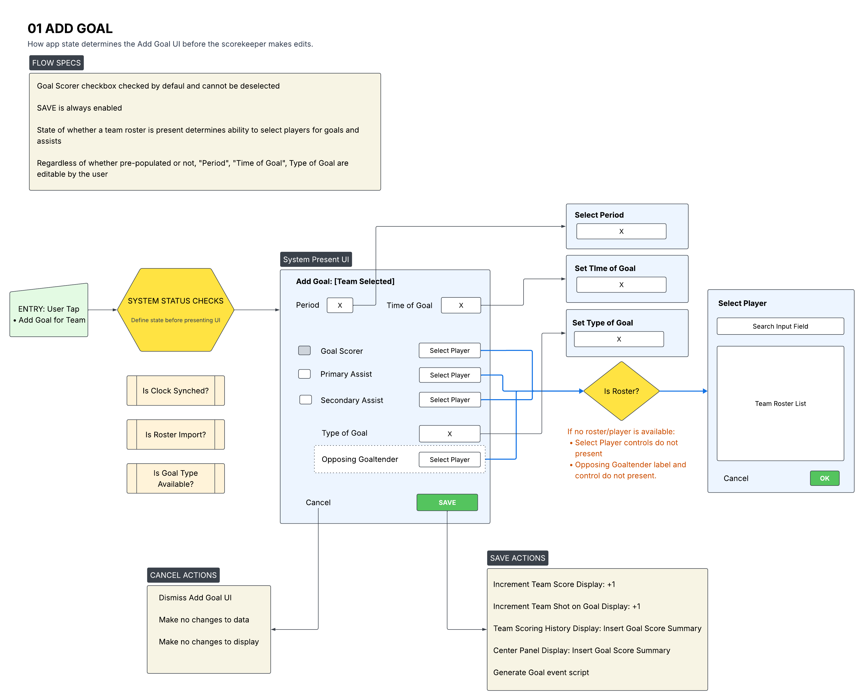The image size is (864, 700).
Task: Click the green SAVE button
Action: (447, 502)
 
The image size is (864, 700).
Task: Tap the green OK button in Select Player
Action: (824, 478)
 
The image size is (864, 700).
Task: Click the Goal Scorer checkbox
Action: (304, 350)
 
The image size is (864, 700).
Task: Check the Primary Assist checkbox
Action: (304, 374)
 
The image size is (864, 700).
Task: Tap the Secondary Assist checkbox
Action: (305, 400)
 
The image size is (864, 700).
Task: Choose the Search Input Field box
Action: (780, 326)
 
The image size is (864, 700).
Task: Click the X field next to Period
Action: (340, 305)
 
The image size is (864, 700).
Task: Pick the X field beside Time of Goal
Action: (461, 305)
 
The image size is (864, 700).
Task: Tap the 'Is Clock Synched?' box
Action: (175, 391)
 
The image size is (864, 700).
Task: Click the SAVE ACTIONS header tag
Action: (517, 558)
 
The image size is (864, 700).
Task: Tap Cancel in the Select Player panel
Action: (736, 478)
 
